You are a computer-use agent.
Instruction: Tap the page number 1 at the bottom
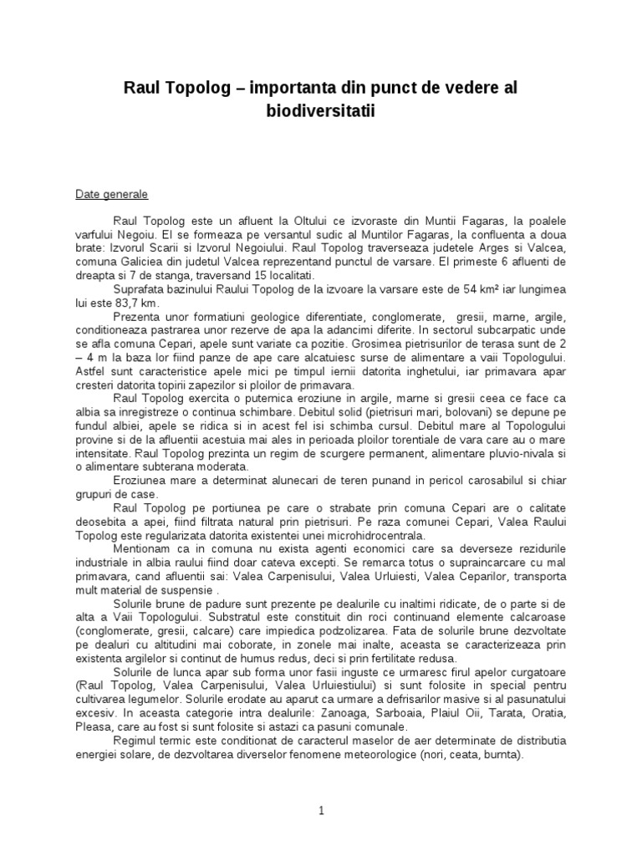click(x=320, y=810)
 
